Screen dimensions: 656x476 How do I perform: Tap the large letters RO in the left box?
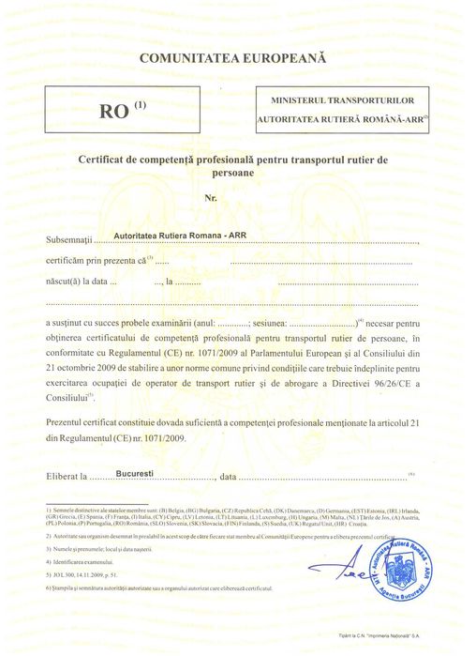pyautogui.click(x=114, y=111)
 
